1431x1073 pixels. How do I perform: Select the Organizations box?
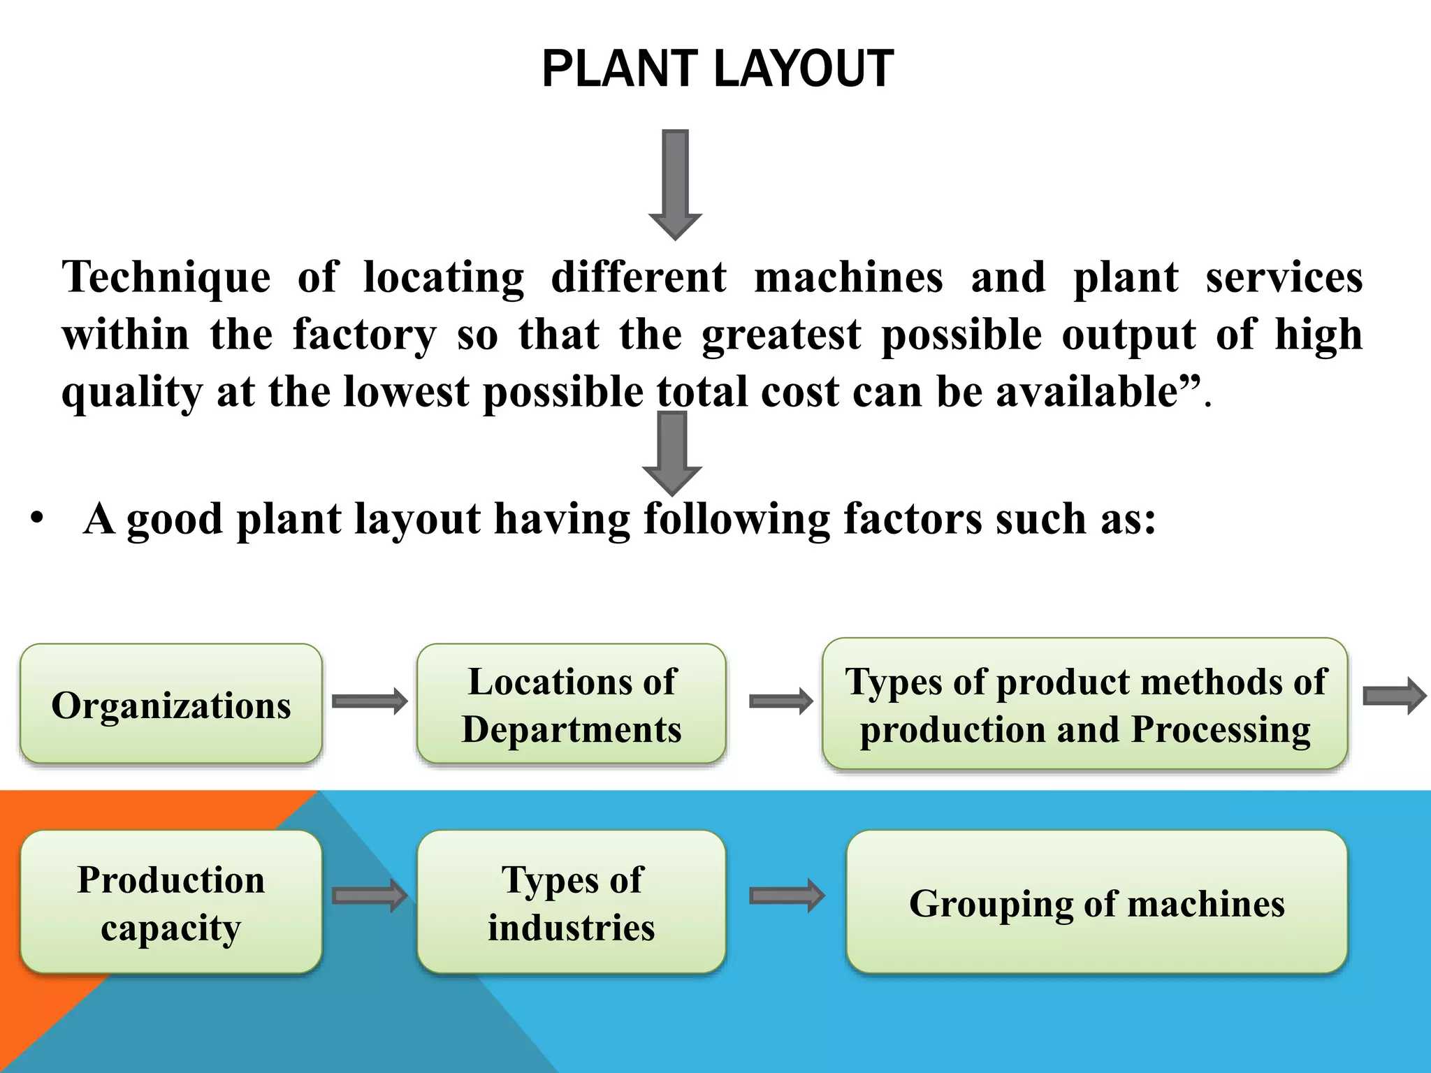click(x=171, y=704)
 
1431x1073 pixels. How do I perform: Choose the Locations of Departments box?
click(x=572, y=704)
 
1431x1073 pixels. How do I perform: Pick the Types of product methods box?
click(x=1084, y=704)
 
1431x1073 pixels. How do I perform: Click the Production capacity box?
click(x=171, y=902)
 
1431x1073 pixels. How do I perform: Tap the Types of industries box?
click(x=572, y=902)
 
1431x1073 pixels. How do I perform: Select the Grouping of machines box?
click(x=1096, y=902)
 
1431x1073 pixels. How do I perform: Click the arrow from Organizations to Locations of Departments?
click(x=370, y=701)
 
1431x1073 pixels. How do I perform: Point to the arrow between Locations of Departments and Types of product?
click(x=781, y=701)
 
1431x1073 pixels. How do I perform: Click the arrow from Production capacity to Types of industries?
click(x=370, y=896)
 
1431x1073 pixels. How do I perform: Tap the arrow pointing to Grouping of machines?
click(x=787, y=896)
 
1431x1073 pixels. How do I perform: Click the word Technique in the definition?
click(x=166, y=277)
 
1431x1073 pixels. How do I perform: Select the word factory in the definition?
click(x=364, y=335)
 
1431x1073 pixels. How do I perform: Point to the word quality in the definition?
click(x=132, y=393)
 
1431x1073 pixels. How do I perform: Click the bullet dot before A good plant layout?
click(x=37, y=519)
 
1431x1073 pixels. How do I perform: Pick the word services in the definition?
click(x=1284, y=277)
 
